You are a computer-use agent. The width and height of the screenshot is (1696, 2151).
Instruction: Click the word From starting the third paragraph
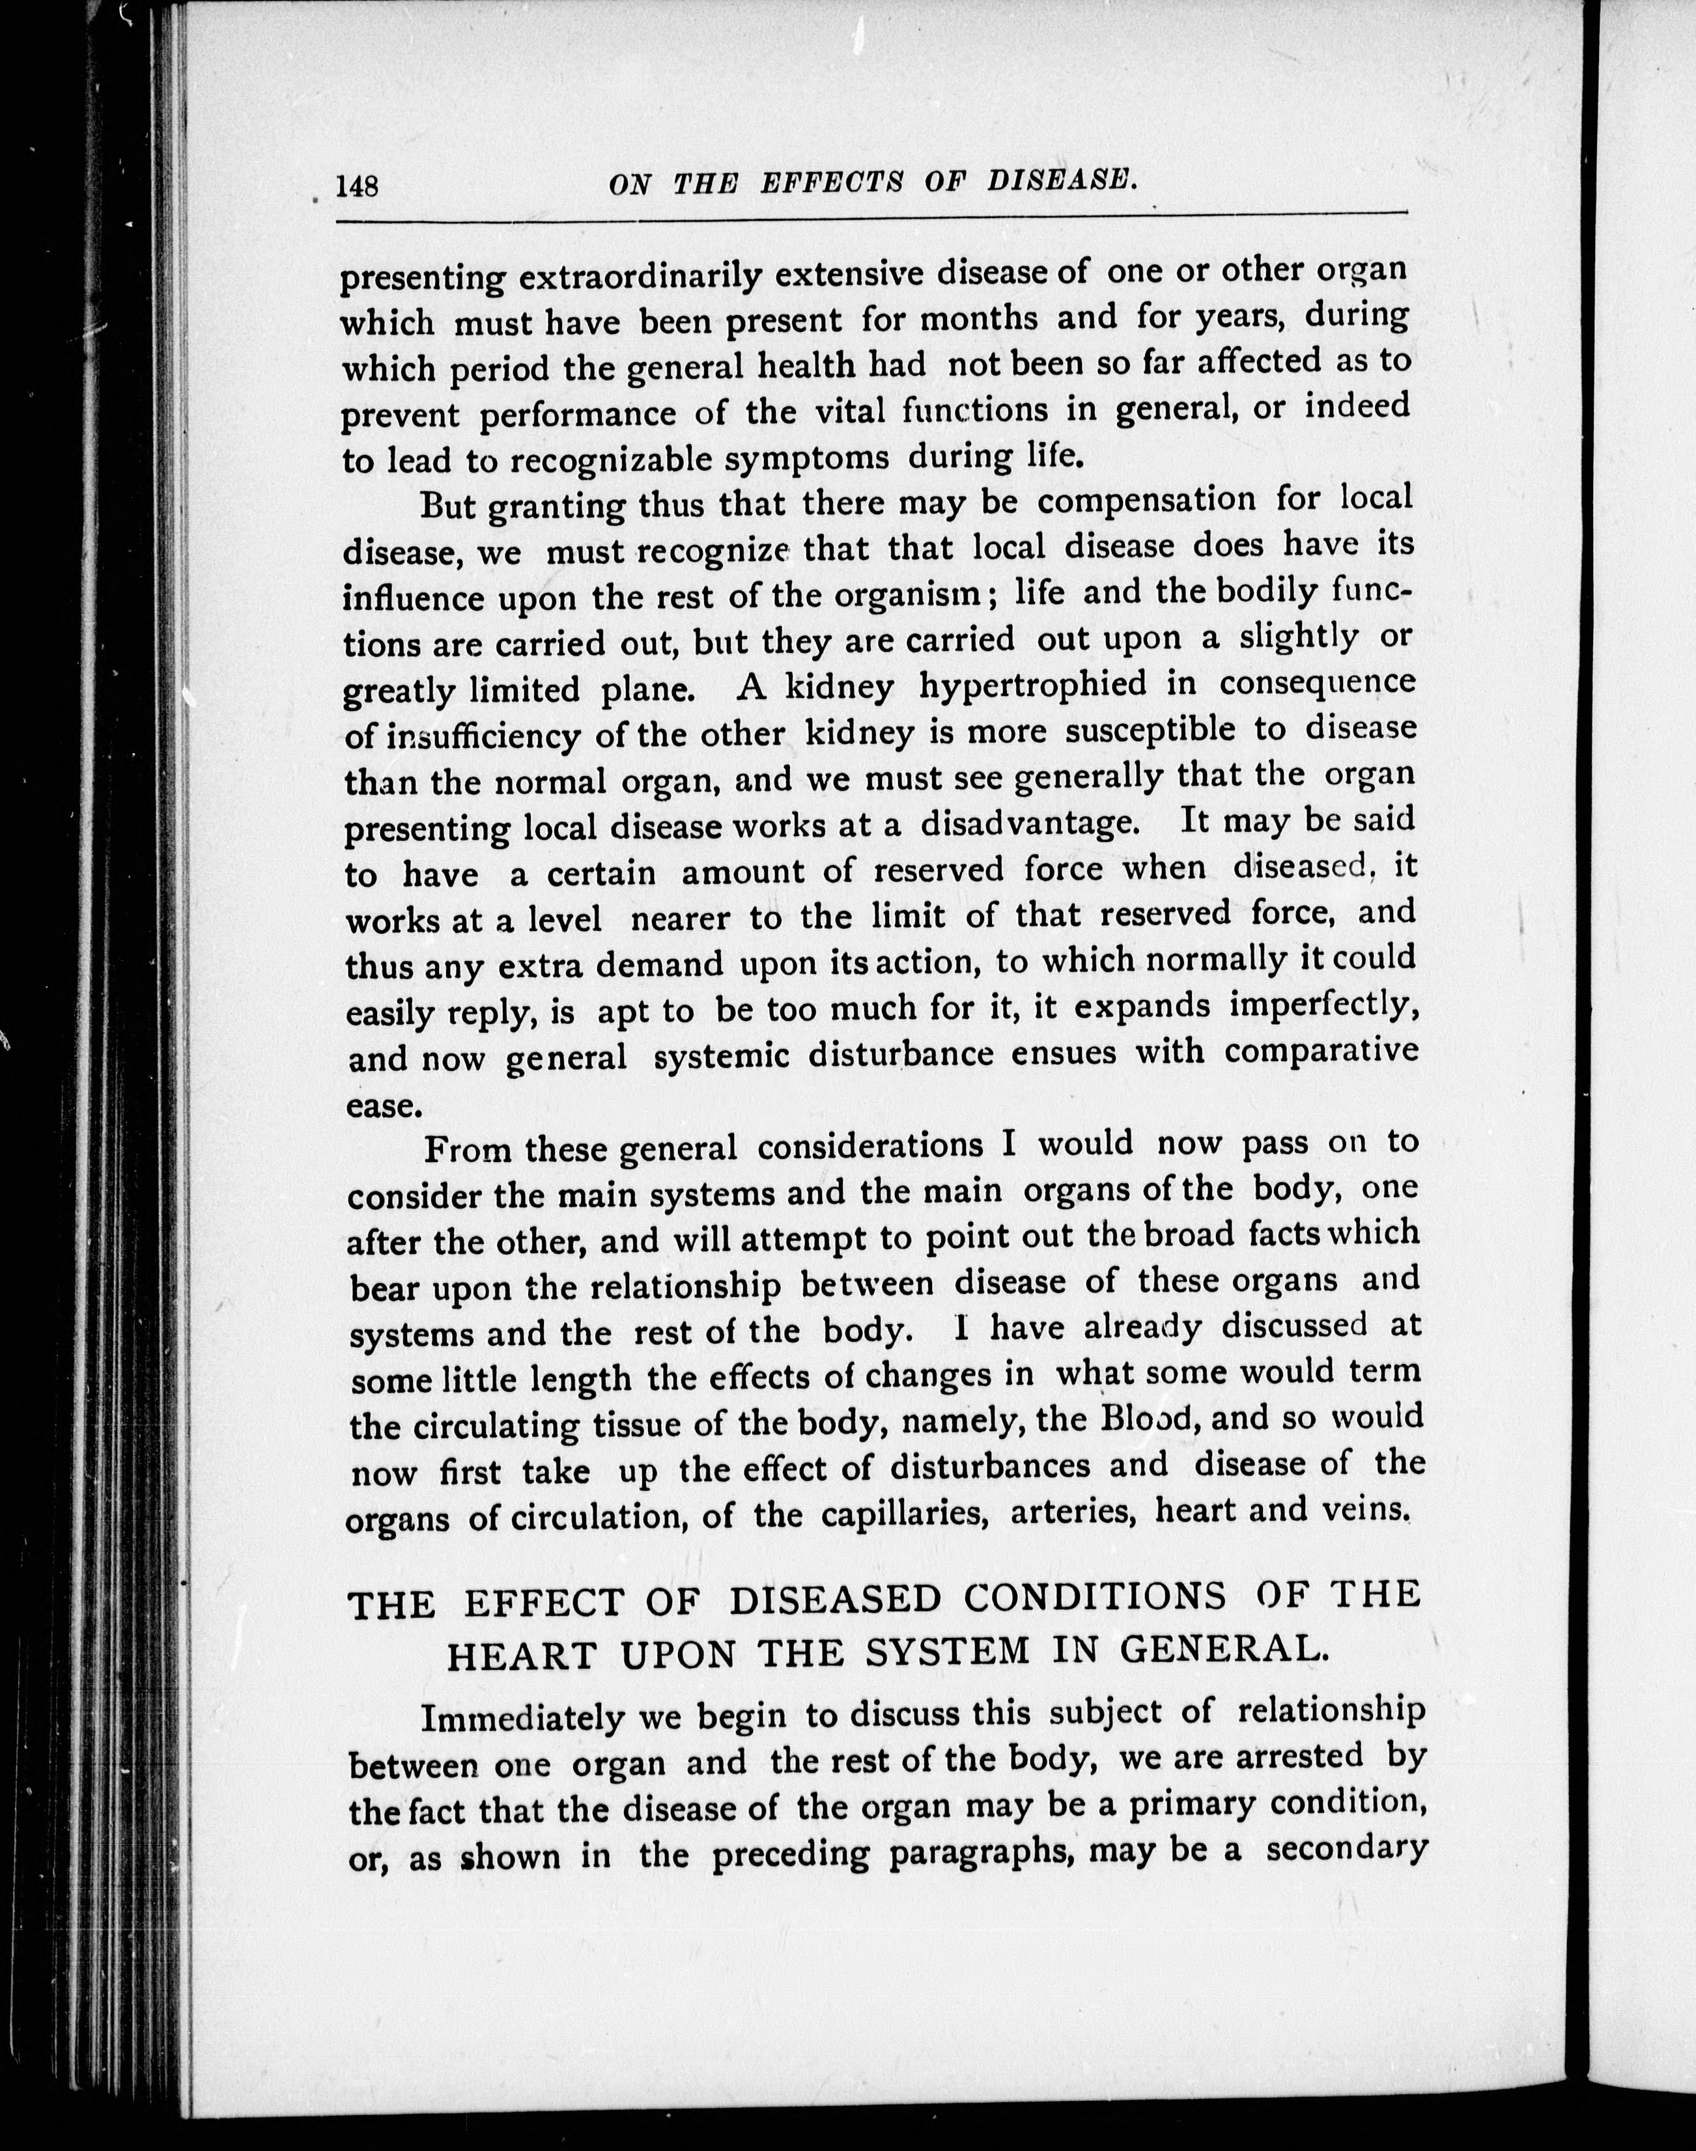click(467, 1150)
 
